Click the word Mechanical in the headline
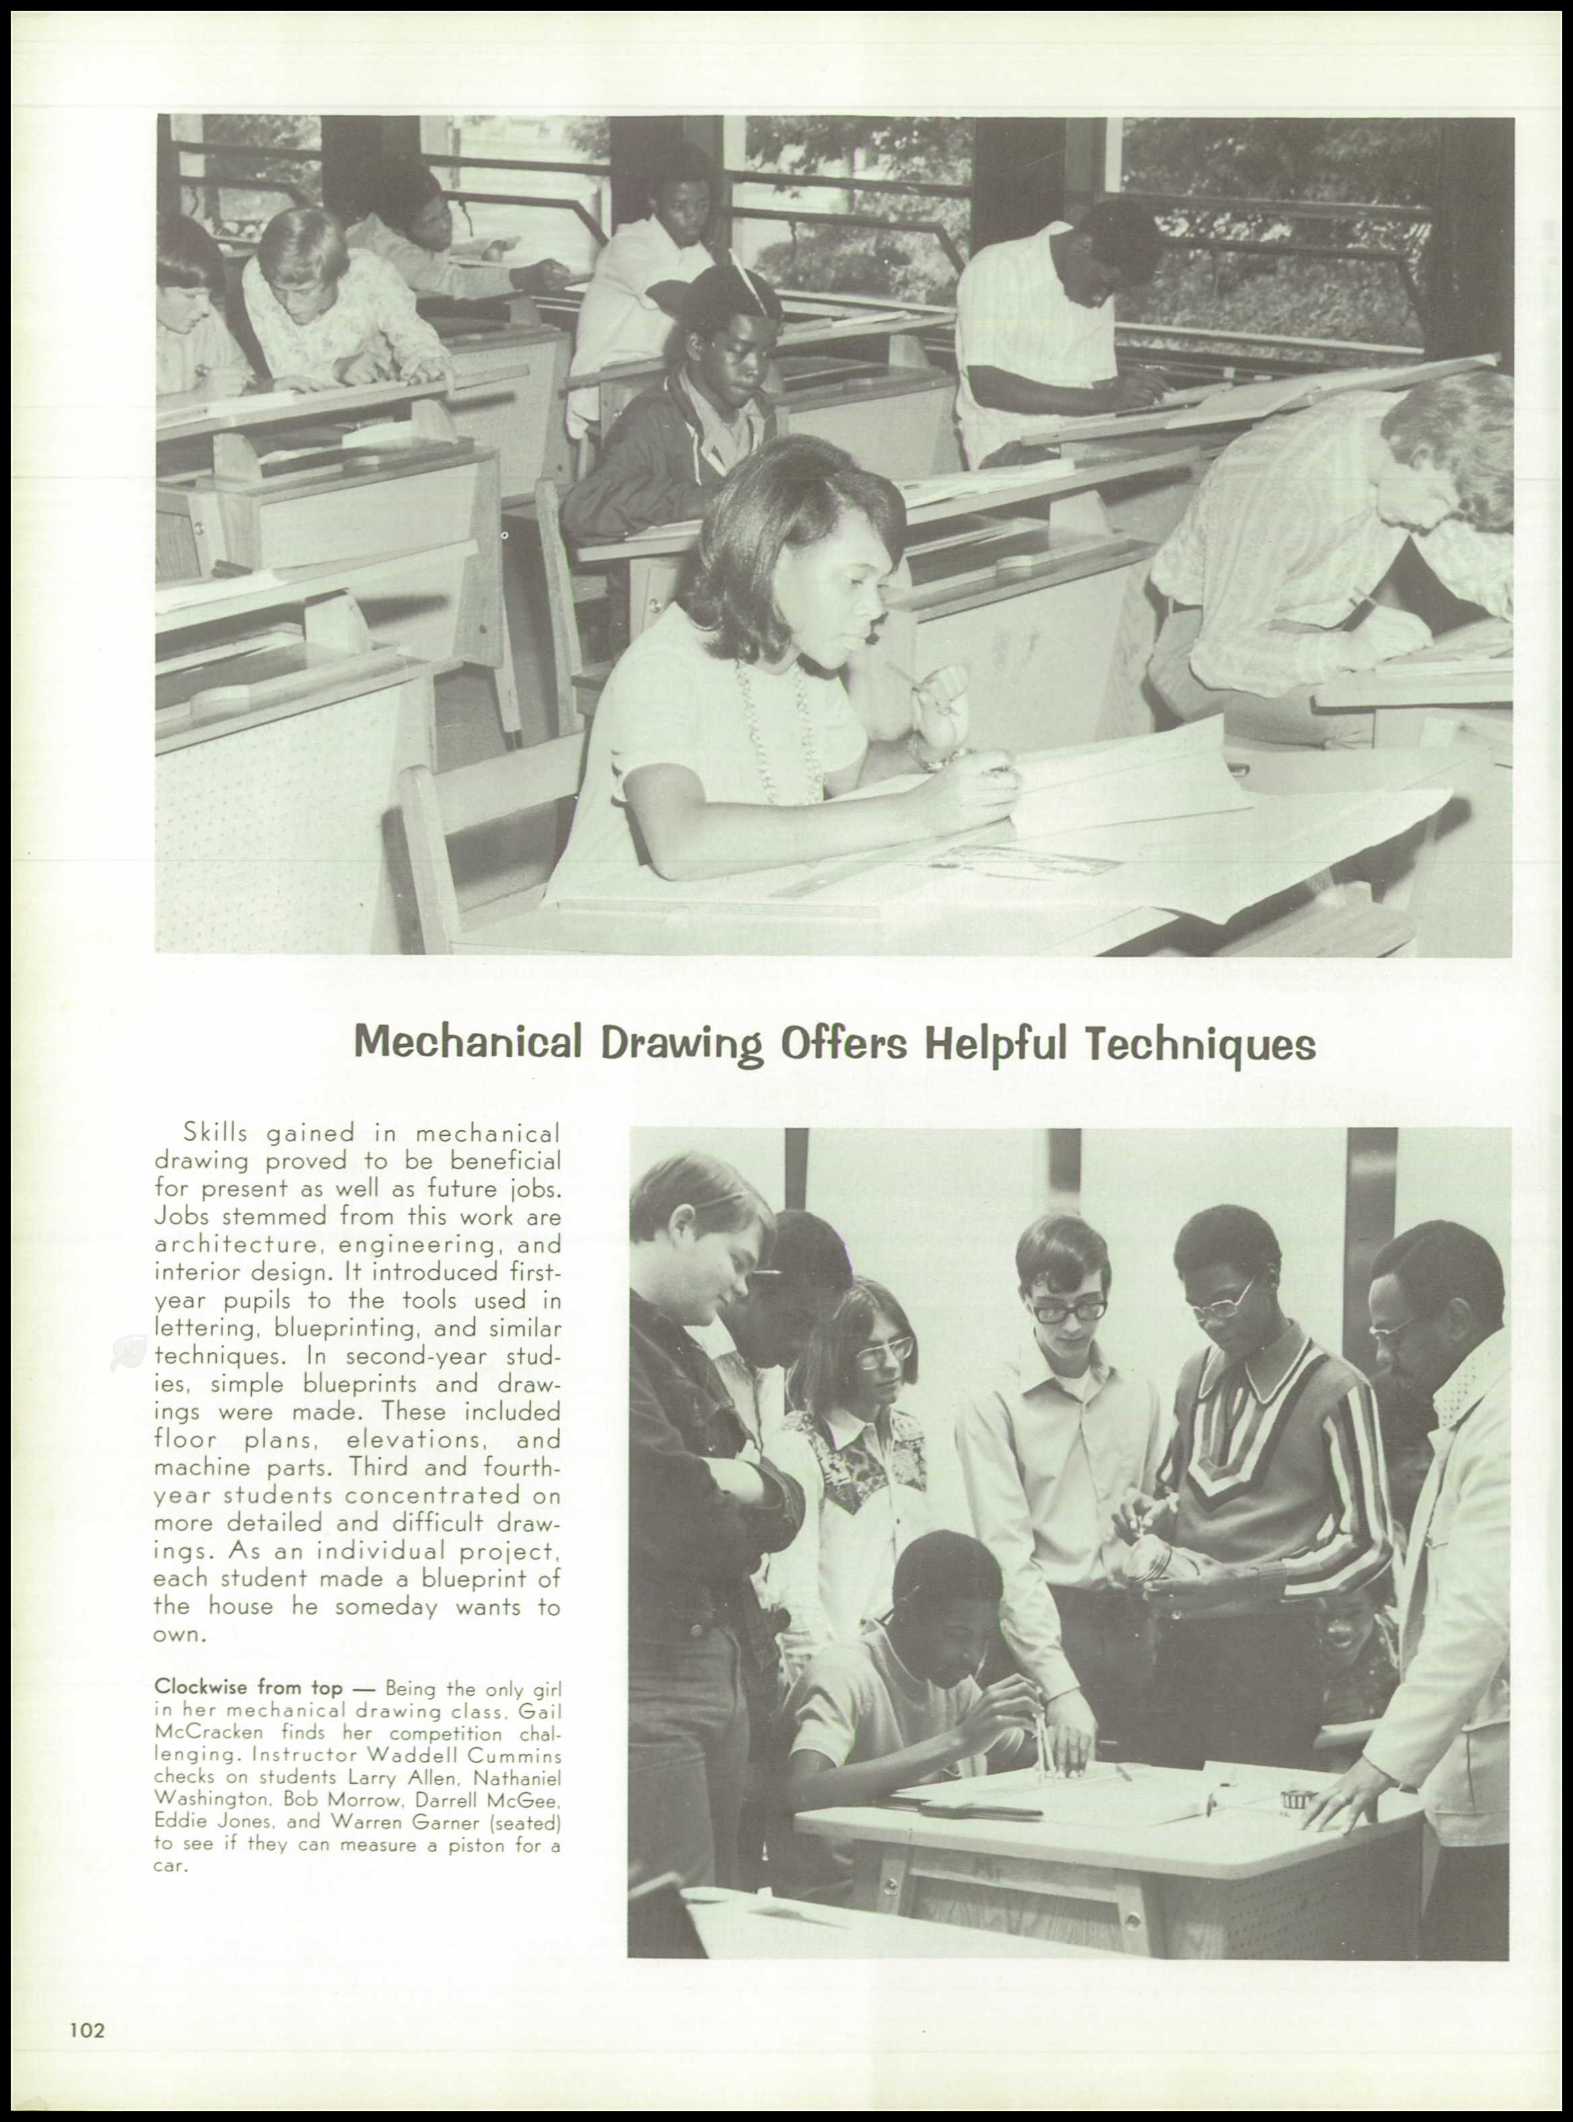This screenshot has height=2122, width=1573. (x=467, y=1043)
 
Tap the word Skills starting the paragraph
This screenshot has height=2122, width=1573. (x=216, y=1133)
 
